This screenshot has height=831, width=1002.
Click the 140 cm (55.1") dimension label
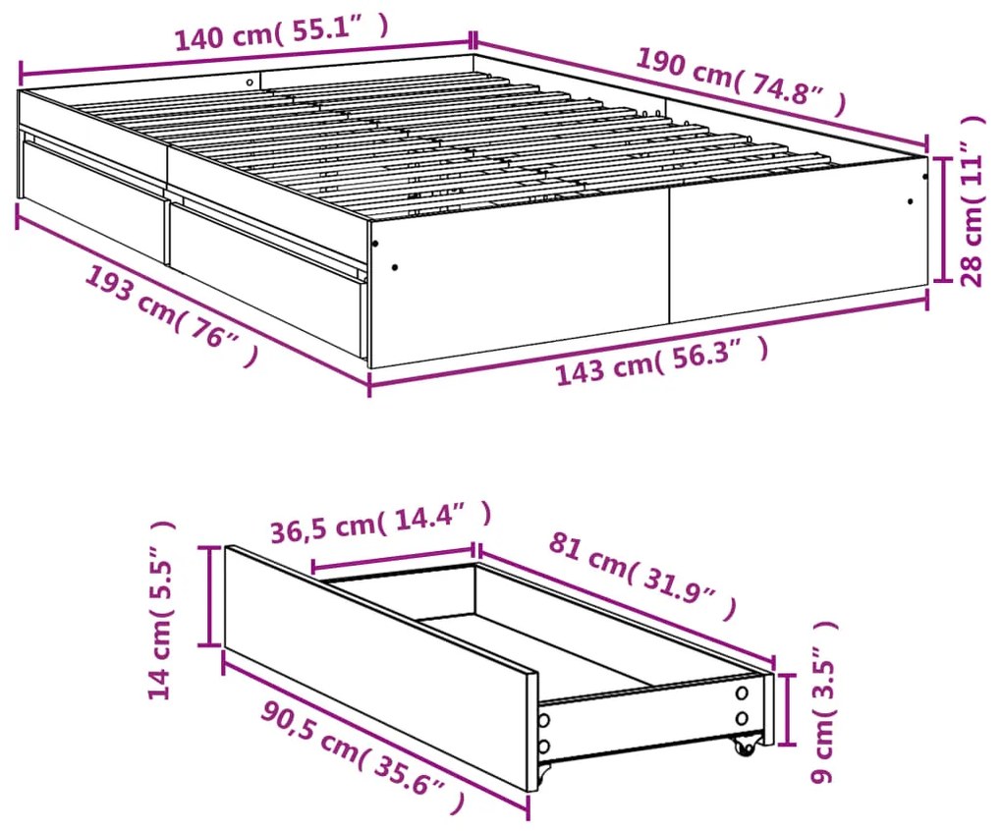coord(281,32)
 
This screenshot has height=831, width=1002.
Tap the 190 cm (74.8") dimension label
coord(742,83)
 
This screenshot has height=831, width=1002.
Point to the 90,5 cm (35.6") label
coord(362,757)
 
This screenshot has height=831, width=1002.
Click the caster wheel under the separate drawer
coord(744,746)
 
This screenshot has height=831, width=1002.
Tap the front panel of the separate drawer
coord(381,669)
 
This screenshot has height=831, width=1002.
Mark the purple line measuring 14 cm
coord(207,596)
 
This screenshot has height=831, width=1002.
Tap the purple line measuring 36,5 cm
coord(393,558)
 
